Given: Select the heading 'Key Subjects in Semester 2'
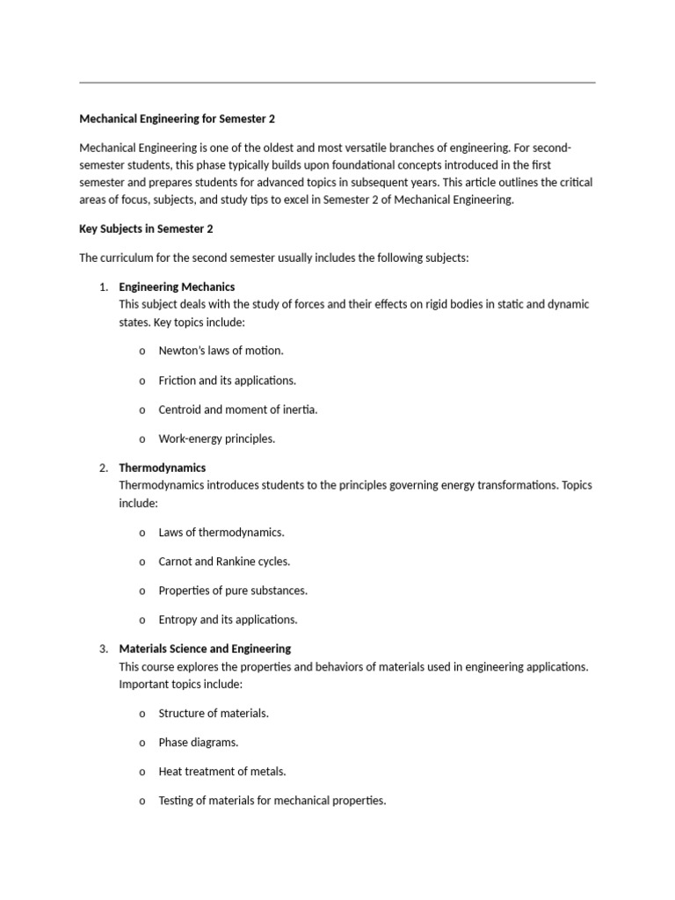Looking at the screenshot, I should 146,229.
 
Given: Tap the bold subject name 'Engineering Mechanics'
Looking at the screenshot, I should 177,287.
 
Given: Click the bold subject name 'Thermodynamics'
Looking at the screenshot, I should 163,468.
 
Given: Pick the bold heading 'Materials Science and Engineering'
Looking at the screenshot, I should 205,649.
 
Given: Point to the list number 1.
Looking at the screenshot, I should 103,287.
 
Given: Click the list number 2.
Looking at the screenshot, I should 103,468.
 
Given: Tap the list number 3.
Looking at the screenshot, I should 103,649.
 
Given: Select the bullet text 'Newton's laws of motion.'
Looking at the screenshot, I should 221,351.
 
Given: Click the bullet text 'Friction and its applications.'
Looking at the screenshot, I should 227,381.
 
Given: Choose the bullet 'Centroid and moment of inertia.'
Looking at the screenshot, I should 237,410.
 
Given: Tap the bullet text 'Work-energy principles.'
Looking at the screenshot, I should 216,439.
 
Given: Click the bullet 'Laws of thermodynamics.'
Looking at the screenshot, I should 221,532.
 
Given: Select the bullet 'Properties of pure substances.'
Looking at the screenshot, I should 233,591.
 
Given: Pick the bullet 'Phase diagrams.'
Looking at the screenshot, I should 198,743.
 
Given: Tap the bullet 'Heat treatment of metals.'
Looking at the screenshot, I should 221,772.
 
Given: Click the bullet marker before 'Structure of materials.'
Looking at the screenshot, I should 142,714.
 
